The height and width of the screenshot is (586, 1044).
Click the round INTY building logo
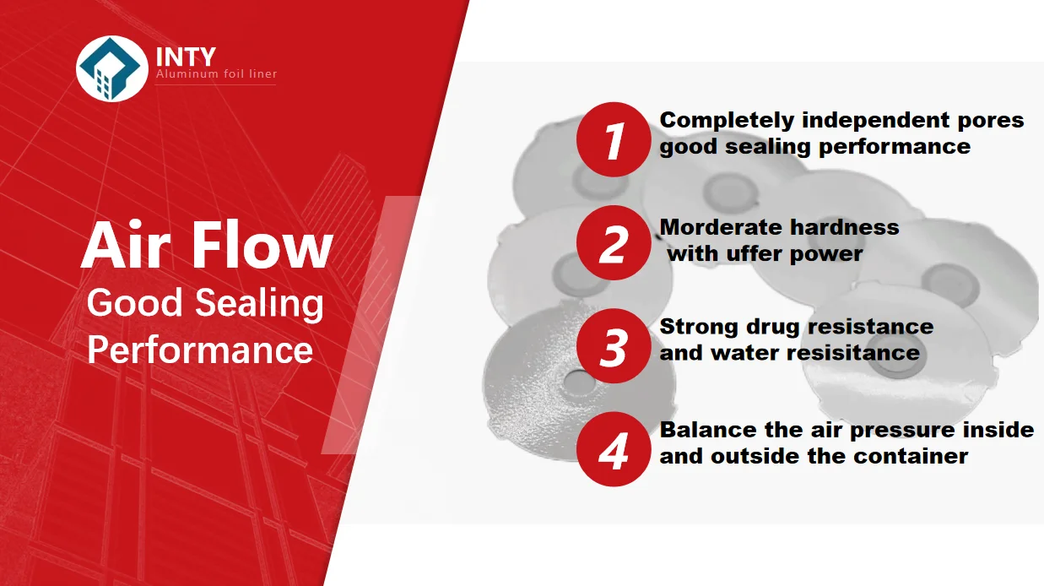point(112,68)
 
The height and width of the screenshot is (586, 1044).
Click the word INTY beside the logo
point(186,57)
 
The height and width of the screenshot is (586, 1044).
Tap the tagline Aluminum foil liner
point(216,73)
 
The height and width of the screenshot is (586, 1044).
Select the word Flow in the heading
point(262,245)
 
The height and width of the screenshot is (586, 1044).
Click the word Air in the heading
point(126,245)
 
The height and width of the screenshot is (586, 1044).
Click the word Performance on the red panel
point(200,350)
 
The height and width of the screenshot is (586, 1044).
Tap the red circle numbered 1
point(614,139)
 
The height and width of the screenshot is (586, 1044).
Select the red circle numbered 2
point(614,242)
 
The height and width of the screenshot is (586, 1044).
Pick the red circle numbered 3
point(614,346)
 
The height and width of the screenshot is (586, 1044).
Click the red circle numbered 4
point(614,449)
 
